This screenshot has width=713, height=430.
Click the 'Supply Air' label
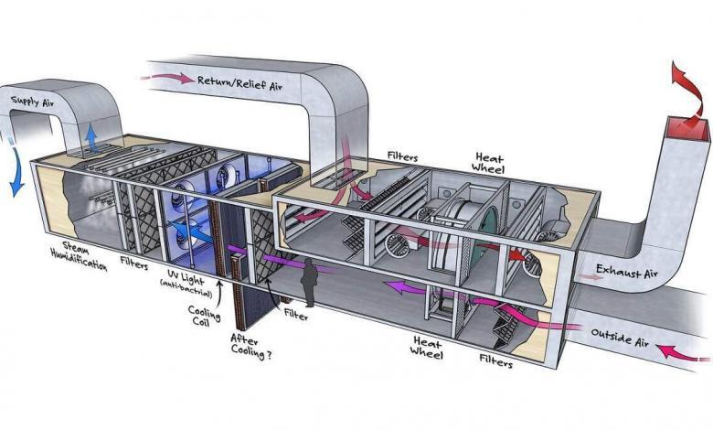(32, 102)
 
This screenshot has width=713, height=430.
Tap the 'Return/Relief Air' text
(239, 83)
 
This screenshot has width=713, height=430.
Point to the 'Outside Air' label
(620, 338)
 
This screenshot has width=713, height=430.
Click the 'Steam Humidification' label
(79, 257)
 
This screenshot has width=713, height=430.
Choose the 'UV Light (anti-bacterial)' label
(186, 284)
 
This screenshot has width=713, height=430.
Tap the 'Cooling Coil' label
(204, 316)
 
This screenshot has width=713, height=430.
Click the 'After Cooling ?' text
(250, 347)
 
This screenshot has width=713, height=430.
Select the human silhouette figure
(309, 282)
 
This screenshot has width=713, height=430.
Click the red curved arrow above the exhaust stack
(690, 98)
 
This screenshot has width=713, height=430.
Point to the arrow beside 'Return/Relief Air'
(167, 78)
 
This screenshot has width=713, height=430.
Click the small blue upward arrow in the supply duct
(91, 137)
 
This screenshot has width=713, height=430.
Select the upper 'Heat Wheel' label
(487, 163)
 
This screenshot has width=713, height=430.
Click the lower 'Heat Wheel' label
(427, 347)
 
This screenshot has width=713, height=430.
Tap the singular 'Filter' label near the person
(296, 314)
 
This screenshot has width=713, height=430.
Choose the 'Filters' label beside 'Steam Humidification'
(134, 263)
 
